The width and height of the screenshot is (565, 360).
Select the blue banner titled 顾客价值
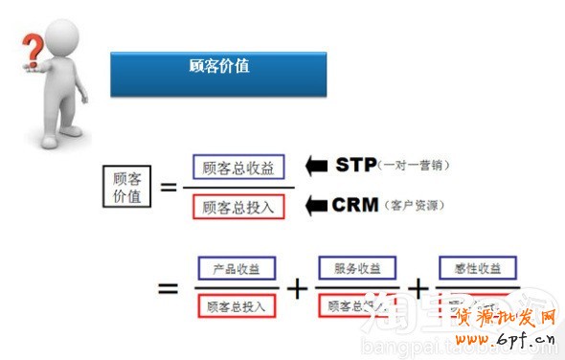pyautogui.click(x=218, y=73)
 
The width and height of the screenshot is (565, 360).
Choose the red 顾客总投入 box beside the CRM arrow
pyautogui.click(x=238, y=206)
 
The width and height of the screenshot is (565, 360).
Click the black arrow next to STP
pyautogui.click(x=316, y=166)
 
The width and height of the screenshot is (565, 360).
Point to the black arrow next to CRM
pyautogui.click(x=316, y=204)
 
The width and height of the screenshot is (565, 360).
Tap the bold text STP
pyautogui.click(x=356, y=165)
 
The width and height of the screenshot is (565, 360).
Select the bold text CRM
pyautogui.click(x=356, y=204)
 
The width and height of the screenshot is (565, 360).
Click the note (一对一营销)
pyautogui.click(x=414, y=166)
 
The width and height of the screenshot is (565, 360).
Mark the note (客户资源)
pyautogui.click(x=414, y=205)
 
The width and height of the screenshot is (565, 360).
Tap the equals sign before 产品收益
pyautogui.click(x=168, y=286)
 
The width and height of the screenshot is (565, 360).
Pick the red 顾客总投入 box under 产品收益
pyautogui.click(x=237, y=306)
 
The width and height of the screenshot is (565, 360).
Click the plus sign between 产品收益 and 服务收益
pyautogui.click(x=299, y=287)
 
